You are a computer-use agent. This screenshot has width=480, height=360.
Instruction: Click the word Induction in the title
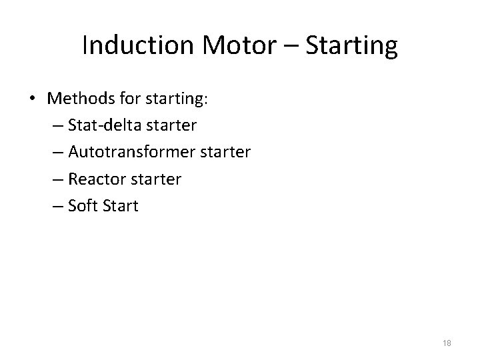pos(136,46)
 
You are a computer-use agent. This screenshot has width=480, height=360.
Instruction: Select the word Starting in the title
pos(351,47)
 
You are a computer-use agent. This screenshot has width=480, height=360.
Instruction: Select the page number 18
pos(446,343)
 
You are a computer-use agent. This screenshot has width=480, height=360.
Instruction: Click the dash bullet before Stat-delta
pos(72,126)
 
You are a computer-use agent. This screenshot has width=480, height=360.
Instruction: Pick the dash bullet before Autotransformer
pos(72,153)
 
